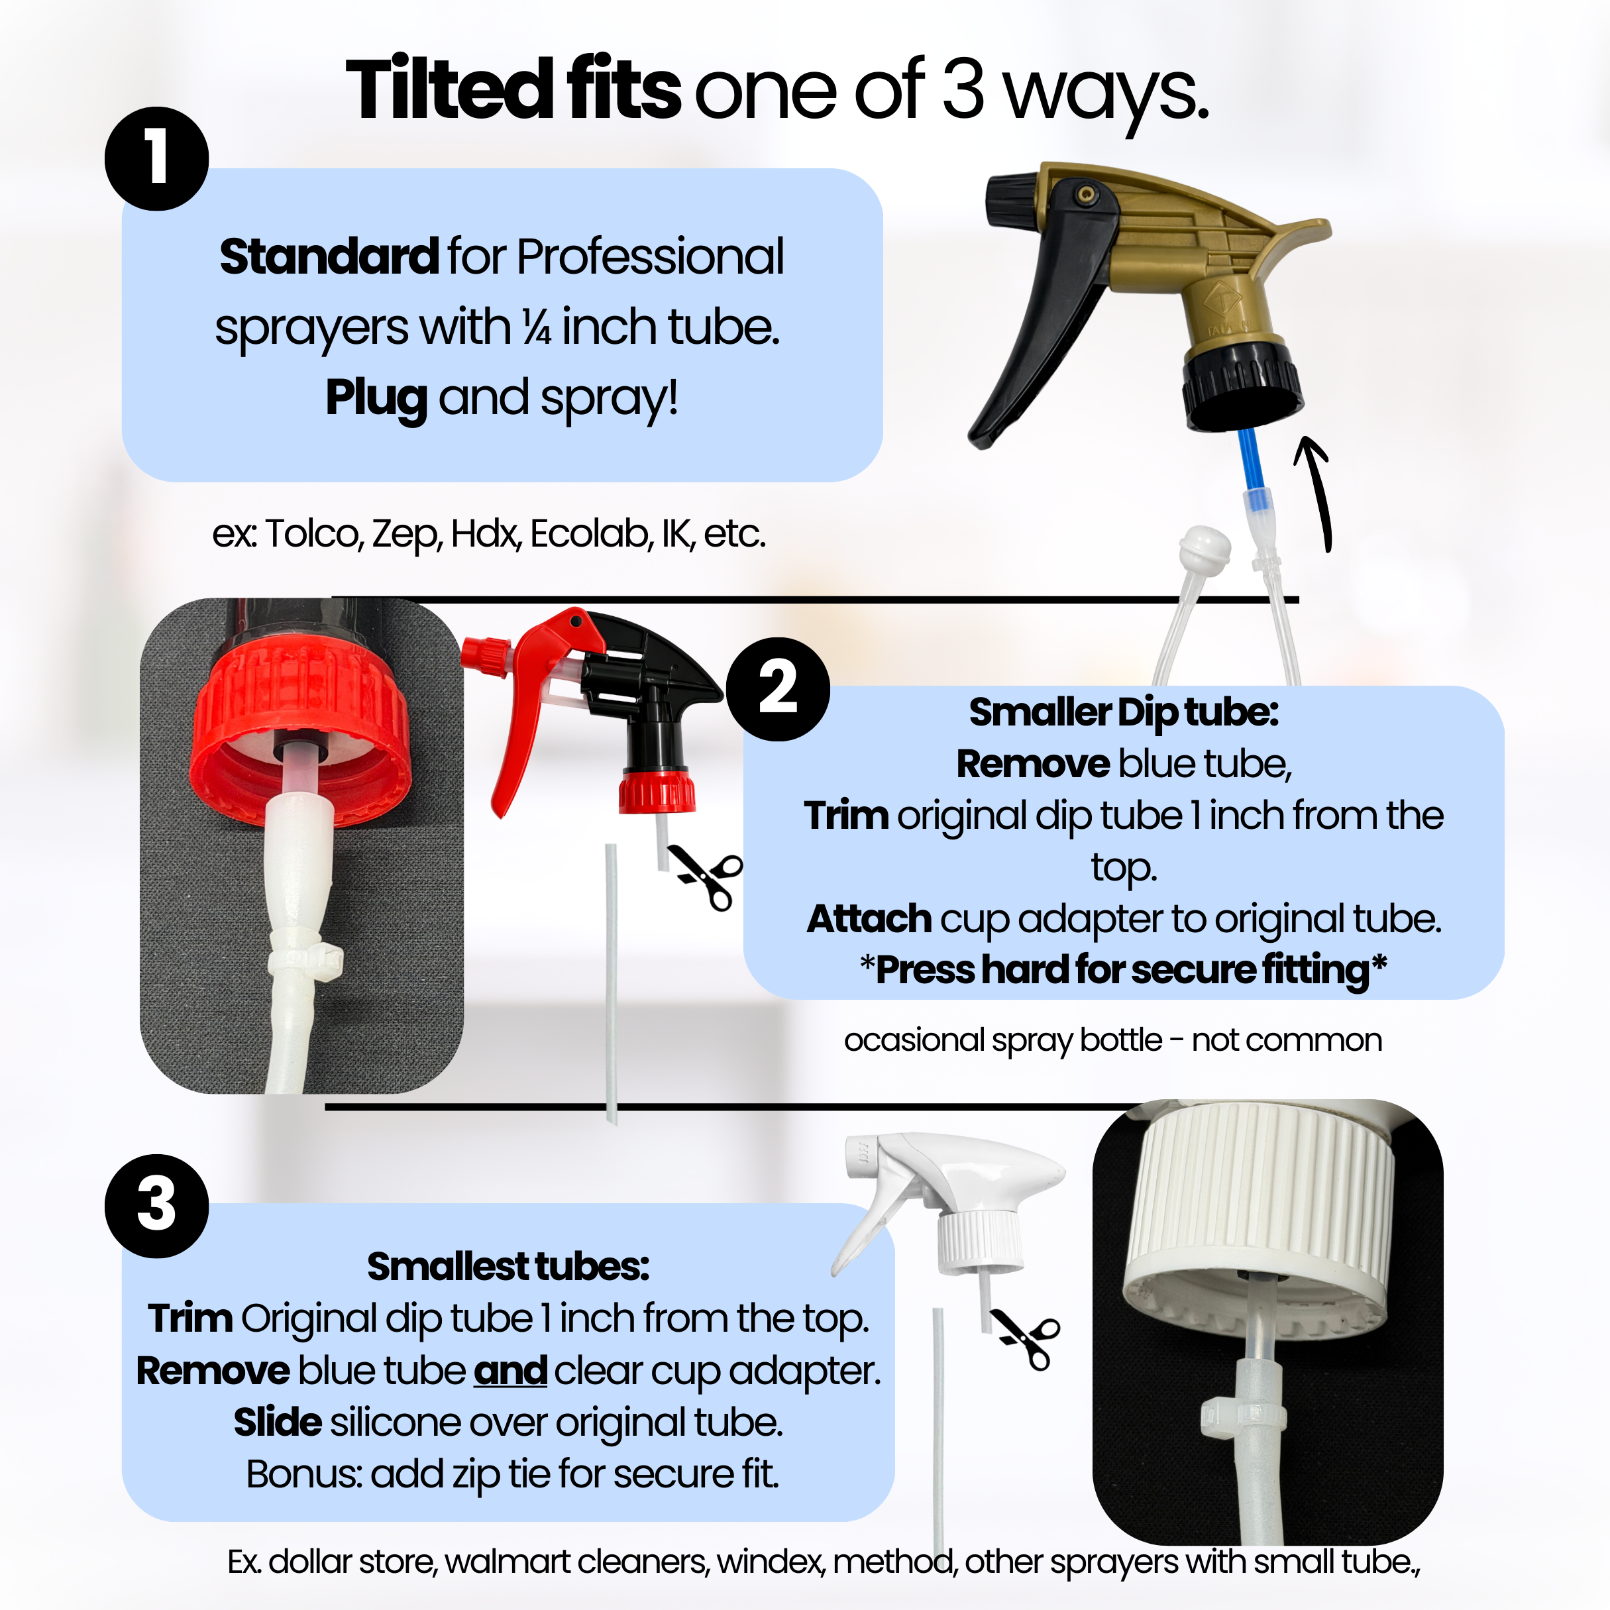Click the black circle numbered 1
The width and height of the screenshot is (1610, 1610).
tap(156, 158)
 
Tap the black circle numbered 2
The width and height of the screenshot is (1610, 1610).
tap(777, 689)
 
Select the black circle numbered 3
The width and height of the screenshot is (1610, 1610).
tap(156, 1206)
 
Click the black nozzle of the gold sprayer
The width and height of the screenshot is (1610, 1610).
tap(1010, 200)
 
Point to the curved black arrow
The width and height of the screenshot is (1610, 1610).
tap(1316, 492)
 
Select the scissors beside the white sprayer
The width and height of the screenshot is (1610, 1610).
tap(1027, 1339)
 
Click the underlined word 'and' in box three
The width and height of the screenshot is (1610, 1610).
tap(510, 1371)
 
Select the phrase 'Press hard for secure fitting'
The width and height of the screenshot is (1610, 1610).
tap(1122, 970)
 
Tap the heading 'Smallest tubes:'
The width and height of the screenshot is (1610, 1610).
tap(508, 1267)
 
